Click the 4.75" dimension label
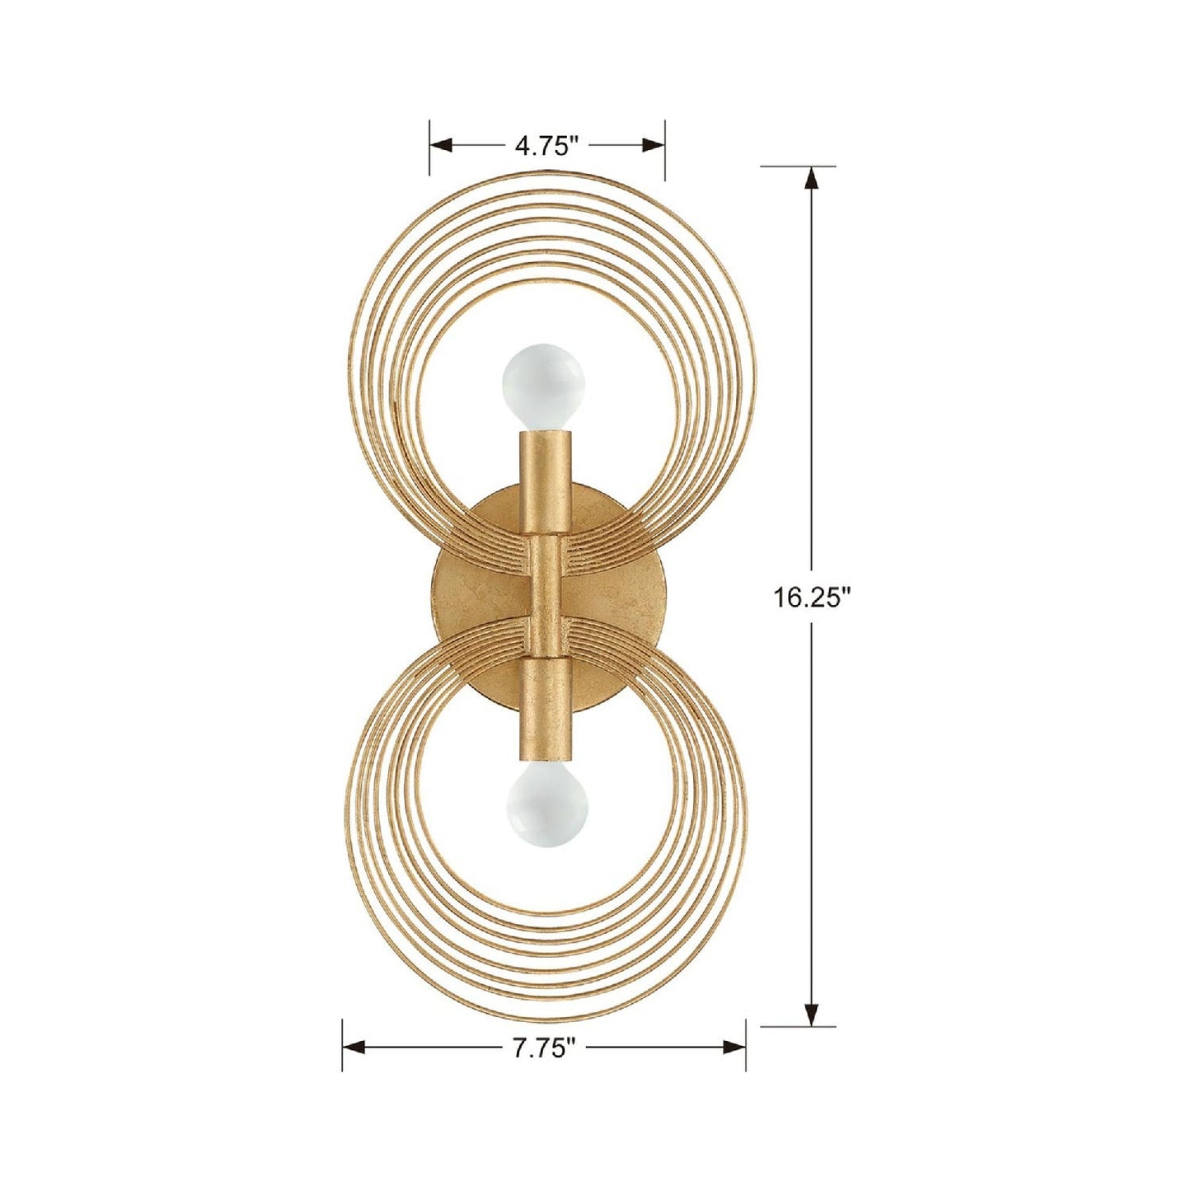click(x=546, y=147)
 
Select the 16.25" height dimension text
click(x=811, y=597)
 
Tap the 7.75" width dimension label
click(x=544, y=1048)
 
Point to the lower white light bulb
click(x=547, y=805)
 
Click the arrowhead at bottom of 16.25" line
click(x=813, y=1015)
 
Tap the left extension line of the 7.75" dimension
click(x=343, y=1044)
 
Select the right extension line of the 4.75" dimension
click(x=665, y=148)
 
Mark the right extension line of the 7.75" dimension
click(x=746, y=1044)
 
